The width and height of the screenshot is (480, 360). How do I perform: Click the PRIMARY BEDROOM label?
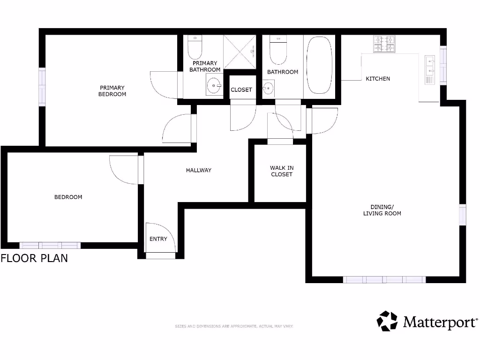coord(112,91)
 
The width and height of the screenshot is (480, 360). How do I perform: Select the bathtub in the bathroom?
coord(319,66)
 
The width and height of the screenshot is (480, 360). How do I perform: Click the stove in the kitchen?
coord(384,44)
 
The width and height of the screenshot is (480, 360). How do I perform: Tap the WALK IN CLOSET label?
coord(282,171)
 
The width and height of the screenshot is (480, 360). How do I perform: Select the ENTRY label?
coord(158,239)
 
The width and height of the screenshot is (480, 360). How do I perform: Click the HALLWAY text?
coord(199,170)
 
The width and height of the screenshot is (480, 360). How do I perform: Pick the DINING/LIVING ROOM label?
coord(382,210)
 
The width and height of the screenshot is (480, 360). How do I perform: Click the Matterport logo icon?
coord(387,321)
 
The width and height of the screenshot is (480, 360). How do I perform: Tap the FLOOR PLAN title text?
coord(34,258)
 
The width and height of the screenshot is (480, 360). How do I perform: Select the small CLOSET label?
coord(241,90)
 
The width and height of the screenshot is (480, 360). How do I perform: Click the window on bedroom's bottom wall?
coord(50,245)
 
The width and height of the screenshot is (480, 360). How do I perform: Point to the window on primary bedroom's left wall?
coord(42,87)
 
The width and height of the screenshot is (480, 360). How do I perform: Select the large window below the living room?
coord(384,280)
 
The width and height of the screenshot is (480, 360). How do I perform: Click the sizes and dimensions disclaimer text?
coord(234,326)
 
